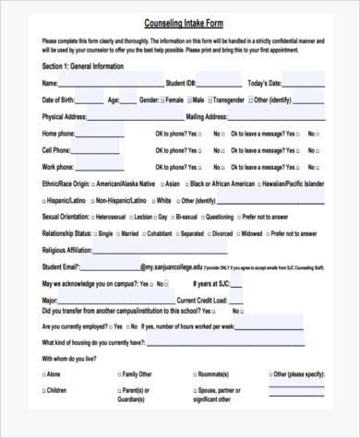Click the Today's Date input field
[x=304, y=84]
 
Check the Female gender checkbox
[x=162, y=100]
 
